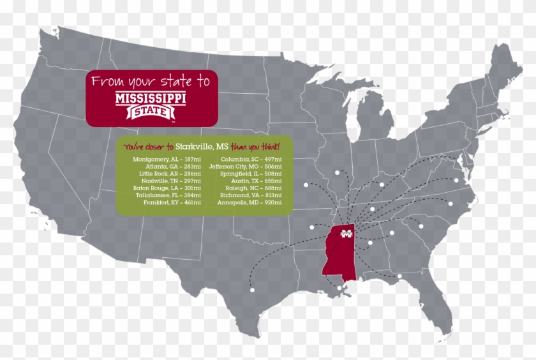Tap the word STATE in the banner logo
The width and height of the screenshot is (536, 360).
pyautogui.click(x=153, y=113)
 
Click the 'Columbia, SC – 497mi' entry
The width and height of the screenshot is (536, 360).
pyautogui.click(x=246, y=158)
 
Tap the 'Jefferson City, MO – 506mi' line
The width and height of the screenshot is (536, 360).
pyautogui.click(x=241, y=166)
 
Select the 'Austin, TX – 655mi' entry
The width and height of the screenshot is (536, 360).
pyautogui.click(x=245, y=181)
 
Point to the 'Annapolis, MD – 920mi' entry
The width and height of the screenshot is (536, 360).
pyautogui.click(x=245, y=202)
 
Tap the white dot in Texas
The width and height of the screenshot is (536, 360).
pyautogui.click(x=252, y=290)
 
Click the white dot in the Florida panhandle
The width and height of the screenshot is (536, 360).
pyautogui.click(x=399, y=276)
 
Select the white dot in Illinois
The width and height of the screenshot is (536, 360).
pyautogui.click(x=338, y=172)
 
